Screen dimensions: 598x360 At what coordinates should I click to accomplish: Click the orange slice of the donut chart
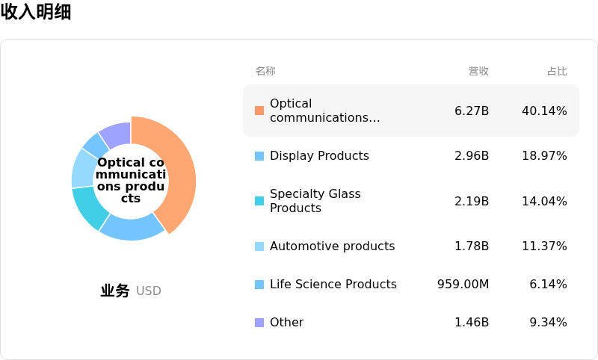click(x=179, y=167)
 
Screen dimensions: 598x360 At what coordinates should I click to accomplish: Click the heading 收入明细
click(x=36, y=11)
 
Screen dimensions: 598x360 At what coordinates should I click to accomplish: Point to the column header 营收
click(x=478, y=71)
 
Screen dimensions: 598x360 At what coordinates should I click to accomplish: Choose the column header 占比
click(x=557, y=71)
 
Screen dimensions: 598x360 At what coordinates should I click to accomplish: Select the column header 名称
click(x=265, y=71)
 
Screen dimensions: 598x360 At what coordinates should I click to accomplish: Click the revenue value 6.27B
click(x=472, y=111)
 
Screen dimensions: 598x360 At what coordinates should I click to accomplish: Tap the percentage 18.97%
click(x=544, y=156)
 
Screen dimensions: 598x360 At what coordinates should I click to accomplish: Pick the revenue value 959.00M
click(x=463, y=284)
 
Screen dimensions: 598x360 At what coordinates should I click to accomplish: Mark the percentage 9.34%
click(x=548, y=323)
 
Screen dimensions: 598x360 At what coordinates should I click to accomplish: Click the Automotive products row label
click(x=332, y=246)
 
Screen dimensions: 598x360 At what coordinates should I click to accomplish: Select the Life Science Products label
click(x=333, y=284)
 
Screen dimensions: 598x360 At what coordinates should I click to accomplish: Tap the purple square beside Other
click(x=259, y=323)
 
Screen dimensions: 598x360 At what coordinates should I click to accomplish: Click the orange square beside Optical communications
click(x=259, y=111)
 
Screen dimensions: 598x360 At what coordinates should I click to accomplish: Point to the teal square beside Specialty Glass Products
click(x=259, y=201)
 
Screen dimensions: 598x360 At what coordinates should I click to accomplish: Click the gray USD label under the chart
click(x=148, y=291)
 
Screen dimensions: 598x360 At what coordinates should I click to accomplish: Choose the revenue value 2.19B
click(x=472, y=201)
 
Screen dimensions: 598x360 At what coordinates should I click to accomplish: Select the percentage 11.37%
click(x=544, y=246)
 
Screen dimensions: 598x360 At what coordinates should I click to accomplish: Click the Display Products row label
click(x=319, y=156)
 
